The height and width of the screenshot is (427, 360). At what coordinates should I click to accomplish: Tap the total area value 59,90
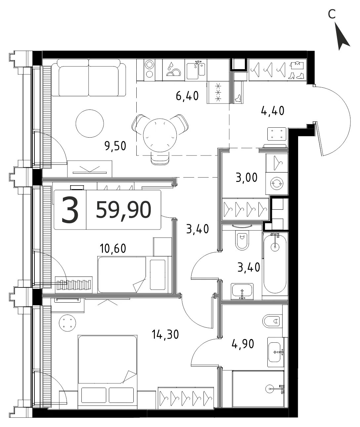pyautogui.click(x=123, y=210)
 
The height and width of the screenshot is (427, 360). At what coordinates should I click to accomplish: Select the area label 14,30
pyautogui.click(x=165, y=335)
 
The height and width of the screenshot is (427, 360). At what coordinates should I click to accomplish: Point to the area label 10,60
pyautogui.click(x=113, y=248)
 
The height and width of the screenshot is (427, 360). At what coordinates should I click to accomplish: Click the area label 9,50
pyautogui.click(x=115, y=146)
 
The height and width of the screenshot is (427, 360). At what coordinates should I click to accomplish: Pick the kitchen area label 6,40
pyautogui.click(x=187, y=96)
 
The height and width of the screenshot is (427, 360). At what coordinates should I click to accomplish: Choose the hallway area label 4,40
pyautogui.click(x=273, y=111)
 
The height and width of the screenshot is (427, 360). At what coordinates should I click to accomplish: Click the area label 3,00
pyautogui.click(x=247, y=178)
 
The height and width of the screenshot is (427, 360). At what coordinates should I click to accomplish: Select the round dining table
pyautogui.click(x=160, y=135)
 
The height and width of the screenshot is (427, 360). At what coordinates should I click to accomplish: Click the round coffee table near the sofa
pyautogui.click(x=90, y=123)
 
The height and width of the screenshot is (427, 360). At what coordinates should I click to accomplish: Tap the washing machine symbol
pyautogui.click(x=277, y=183)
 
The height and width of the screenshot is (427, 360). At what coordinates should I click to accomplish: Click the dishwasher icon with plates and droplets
pyautogui.click(x=173, y=70)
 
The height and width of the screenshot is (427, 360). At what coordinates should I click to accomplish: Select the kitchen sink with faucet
pyautogui.click(x=196, y=70)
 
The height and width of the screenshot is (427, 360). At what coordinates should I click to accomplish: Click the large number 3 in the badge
pyautogui.click(x=70, y=210)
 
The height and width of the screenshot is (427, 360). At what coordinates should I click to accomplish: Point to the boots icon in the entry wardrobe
pyautogui.click(x=296, y=76)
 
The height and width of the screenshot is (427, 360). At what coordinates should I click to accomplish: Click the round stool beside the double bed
pyautogui.click(x=67, y=323)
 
